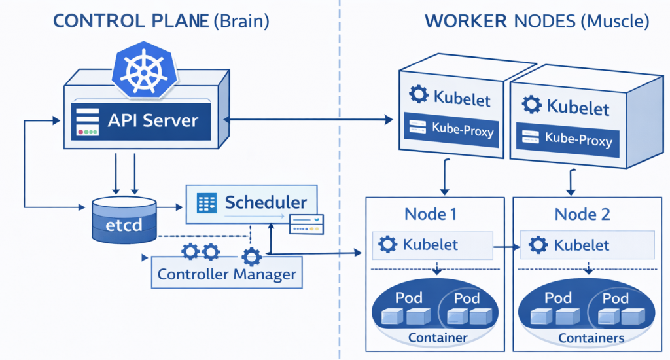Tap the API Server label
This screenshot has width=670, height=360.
click(152, 121)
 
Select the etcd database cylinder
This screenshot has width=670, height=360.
click(124, 220)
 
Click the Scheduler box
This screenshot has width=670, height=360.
click(251, 204)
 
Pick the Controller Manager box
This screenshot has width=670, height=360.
click(227, 274)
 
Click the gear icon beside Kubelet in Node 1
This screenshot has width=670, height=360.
click(389, 245)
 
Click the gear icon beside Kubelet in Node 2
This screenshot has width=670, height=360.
click(538, 245)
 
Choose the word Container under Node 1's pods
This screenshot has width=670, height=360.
click(438, 338)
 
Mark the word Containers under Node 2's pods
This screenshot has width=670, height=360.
click(591, 338)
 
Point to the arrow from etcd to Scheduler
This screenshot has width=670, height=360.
click(170, 207)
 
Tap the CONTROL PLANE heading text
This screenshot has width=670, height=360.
click(130, 21)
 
